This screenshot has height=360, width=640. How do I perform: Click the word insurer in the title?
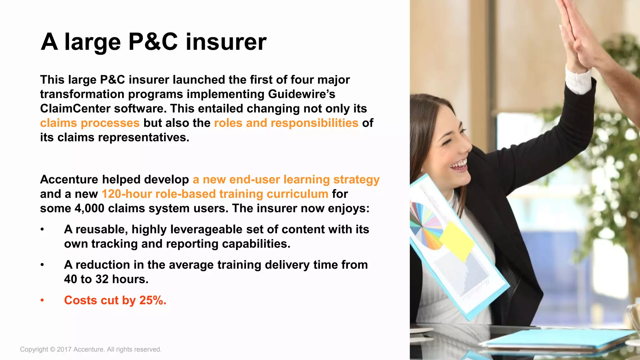pyautogui.click(x=226, y=42)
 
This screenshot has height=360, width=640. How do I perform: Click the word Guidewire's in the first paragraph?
pyautogui.click(x=302, y=94)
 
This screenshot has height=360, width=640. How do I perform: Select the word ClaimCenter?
pyautogui.click(x=75, y=108)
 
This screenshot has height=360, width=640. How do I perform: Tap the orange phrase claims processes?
pyautogui.click(x=90, y=123)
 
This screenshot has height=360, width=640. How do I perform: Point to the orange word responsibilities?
pyautogui.click(x=314, y=123)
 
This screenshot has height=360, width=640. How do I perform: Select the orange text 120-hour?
pyautogui.click(x=127, y=194)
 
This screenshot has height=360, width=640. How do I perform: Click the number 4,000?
pyautogui.click(x=89, y=208)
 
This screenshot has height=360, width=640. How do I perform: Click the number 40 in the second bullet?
pyautogui.click(x=71, y=279)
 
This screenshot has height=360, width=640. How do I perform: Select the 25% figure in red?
pyautogui.click(x=152, y=300)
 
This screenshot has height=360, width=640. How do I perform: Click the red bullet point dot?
pyautogui.click(x=42, y=300)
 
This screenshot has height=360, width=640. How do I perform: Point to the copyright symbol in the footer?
pyautogui.click(x=52, y=349)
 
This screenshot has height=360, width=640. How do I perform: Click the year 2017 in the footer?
pyautogui.click(x=64, y=349)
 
